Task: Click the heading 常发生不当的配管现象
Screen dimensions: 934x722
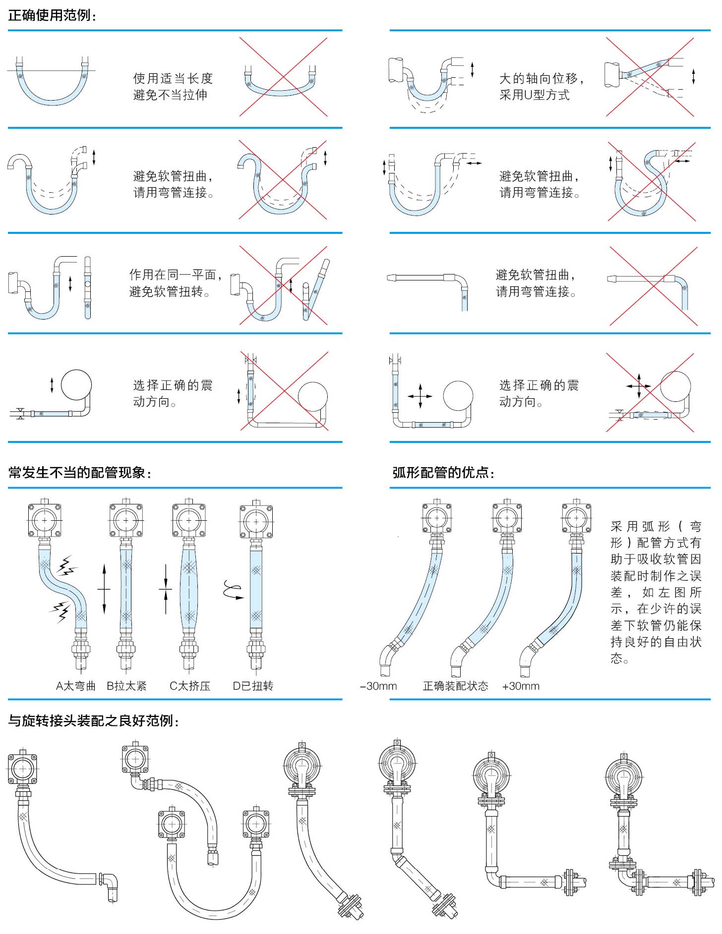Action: [79, 472]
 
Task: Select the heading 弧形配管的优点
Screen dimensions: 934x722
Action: [443, 472]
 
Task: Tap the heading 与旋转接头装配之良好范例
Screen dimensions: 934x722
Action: [93, 720]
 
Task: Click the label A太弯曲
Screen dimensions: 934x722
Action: [75, 686]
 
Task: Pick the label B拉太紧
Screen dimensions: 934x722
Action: [127, 686]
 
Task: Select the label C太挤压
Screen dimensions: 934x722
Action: [190, 686]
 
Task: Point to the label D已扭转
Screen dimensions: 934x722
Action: [253, 686]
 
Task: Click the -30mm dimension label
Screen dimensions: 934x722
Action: [378, 686]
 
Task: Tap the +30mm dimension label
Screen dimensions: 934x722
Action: [520, 686]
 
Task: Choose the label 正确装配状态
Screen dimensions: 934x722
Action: [455, 686]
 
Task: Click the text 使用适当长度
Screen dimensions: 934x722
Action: [173, 78]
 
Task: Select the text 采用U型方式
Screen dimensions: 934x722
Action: [534, 95]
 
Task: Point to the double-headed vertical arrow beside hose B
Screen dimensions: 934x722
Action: [104, 589]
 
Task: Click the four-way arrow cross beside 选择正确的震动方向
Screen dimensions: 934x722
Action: [420, 396]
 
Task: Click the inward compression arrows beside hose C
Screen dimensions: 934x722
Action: [166, 589]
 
